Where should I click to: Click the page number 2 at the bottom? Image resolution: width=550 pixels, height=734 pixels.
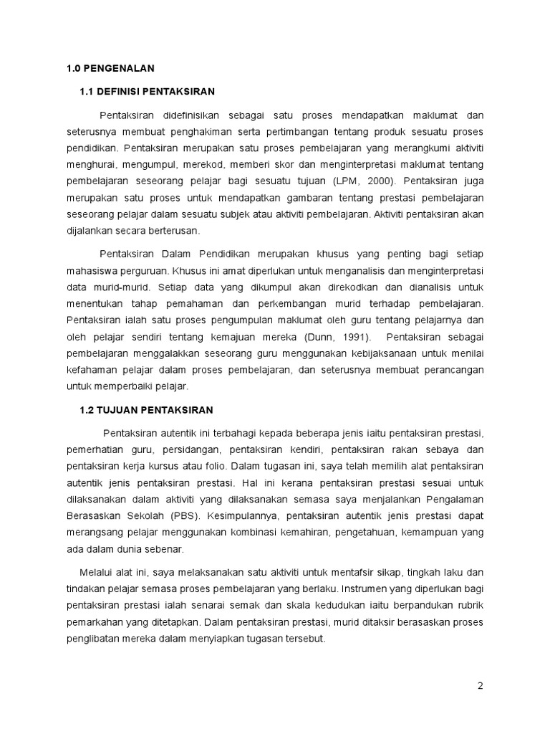coord(481,685)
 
